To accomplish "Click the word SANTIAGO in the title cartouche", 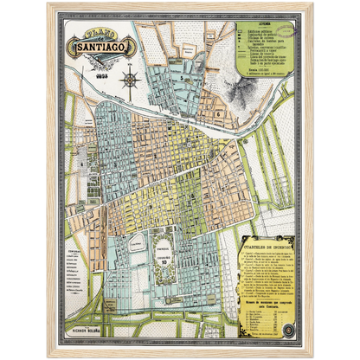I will [x=91, y=41].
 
